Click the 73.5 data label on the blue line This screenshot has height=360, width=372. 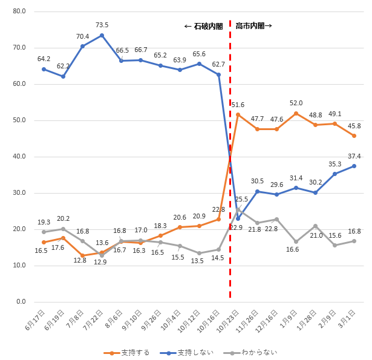(x=102, y=25)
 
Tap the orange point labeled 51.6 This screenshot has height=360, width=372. (x=238, y=114)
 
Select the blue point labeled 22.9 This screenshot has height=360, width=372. (x=238, y=218)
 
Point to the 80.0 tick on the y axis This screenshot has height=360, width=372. (x=19, y=11)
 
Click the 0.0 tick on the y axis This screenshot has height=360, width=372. (x=21, y=302)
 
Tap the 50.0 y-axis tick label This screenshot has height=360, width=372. (x=19, y=120)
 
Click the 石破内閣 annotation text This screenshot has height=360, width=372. (x=203, y=27)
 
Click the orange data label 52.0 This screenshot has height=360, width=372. (x=296, y=103)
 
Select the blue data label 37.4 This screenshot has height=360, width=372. (x=354, y=156)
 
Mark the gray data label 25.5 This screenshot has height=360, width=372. (x=242, y=199)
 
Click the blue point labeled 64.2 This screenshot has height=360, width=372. (x=44, y=69)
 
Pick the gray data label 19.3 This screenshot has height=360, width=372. (x=44, y=222)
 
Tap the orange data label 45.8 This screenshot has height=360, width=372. (x=354, y=126)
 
